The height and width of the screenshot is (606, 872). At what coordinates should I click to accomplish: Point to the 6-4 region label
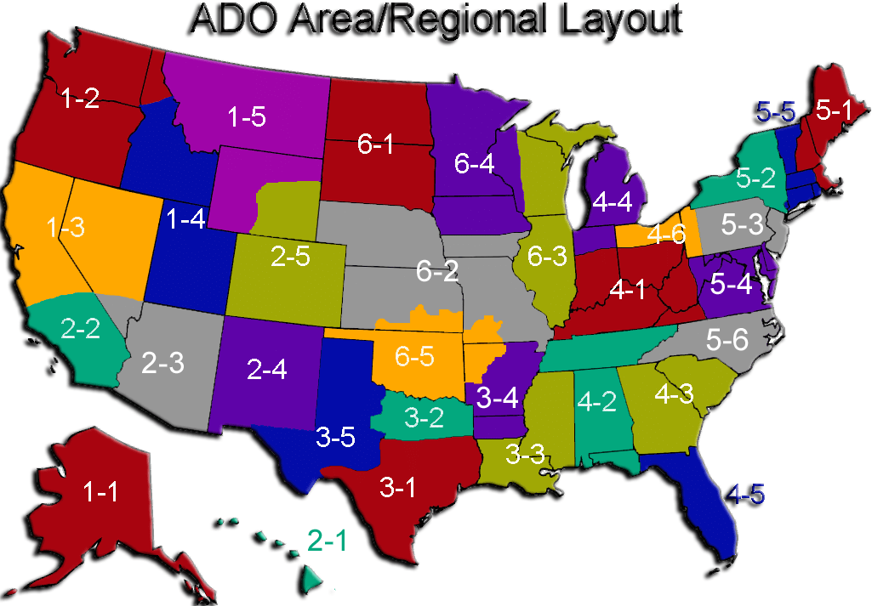(473, 165)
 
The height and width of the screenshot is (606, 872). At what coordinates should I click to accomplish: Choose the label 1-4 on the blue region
(185, 219)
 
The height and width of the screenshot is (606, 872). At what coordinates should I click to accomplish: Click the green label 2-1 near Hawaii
(327, 541)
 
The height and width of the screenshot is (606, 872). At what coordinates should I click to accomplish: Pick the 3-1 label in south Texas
(398, 488)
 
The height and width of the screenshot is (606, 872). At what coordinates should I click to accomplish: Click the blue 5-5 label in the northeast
(775, 111)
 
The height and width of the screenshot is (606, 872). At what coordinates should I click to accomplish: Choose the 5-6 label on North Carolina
(727, 340)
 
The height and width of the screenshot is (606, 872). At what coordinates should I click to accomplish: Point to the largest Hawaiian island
(311, 580)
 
